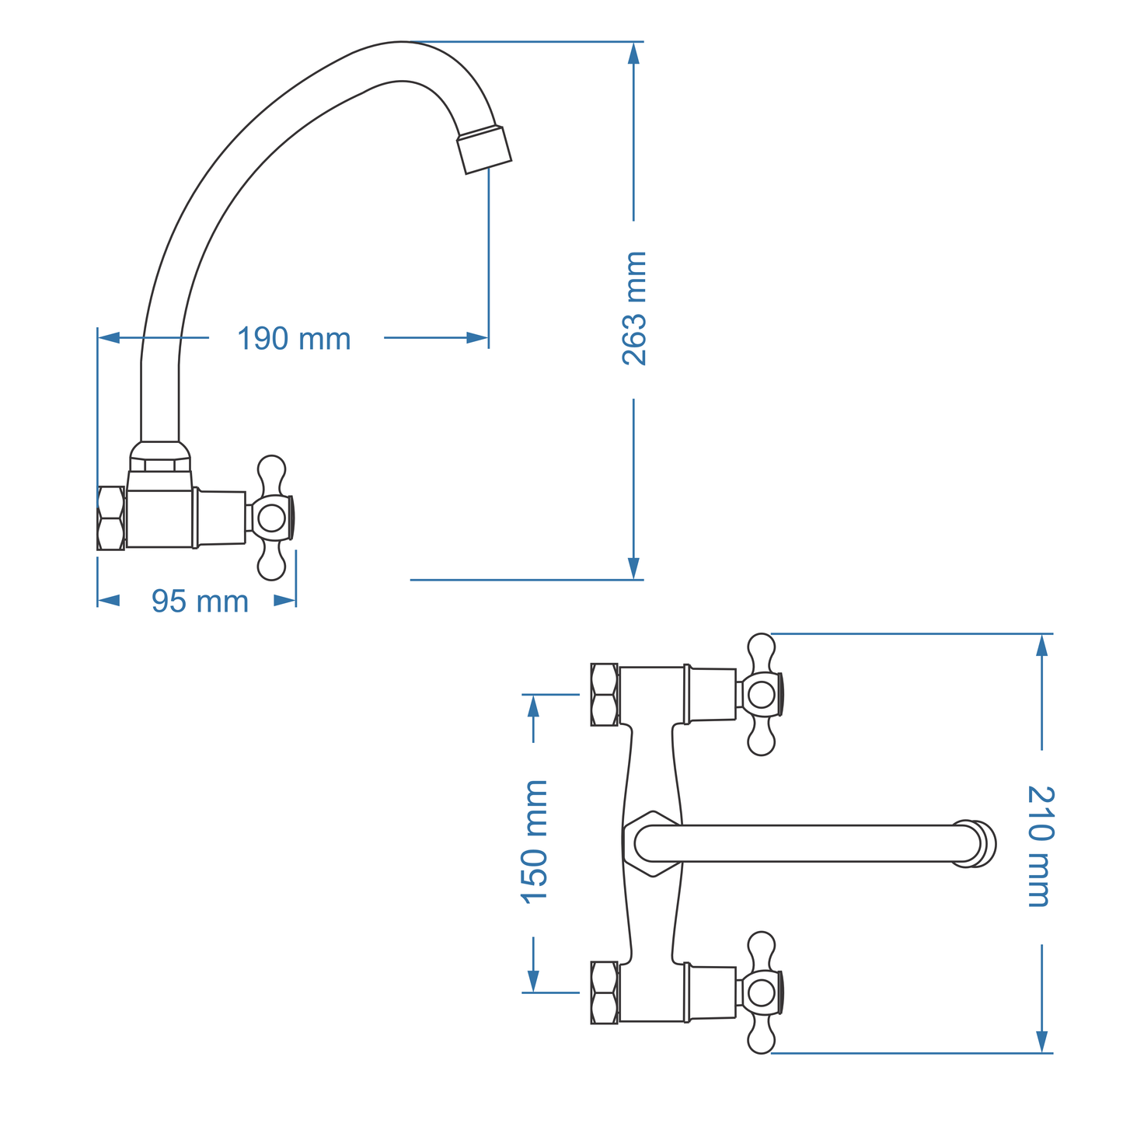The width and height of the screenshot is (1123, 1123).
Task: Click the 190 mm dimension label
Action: click(x=294, y=339)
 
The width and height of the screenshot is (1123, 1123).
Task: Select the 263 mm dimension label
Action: click(x=634, y=309)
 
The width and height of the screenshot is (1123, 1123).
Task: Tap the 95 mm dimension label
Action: click(x=200, y=602)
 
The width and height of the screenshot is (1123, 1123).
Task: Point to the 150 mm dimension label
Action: click(x=535, y=841)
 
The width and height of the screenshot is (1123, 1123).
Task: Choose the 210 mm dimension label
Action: click(x=1040, y=846)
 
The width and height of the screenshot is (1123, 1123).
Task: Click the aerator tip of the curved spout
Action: click(x=484, y=149)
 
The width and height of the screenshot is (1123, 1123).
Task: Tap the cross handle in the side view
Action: click(x=272, y=518)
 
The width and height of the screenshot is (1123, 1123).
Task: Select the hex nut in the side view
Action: click(x=111, y=518)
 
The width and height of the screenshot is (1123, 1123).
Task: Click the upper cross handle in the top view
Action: click(x=762, y=695)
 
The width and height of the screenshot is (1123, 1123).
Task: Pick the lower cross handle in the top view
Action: click(x=762, y=992)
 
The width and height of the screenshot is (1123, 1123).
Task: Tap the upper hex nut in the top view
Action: click(x=604, y=694)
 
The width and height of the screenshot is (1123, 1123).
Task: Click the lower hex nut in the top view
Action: click(x=604, y=992)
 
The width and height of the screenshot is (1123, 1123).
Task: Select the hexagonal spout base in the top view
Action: click(x=651, y=844)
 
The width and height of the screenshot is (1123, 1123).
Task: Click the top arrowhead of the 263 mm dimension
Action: click(x=633, y=53)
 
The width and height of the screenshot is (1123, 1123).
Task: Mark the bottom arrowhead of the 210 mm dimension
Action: click(x=1042, y=1042)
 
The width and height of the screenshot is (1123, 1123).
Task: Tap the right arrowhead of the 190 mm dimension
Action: click(x=477, y=337)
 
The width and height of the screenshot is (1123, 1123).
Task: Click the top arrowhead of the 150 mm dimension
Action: click(x=533, y=705)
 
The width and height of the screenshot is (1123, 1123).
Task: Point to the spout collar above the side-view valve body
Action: click(x=159, y=457)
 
